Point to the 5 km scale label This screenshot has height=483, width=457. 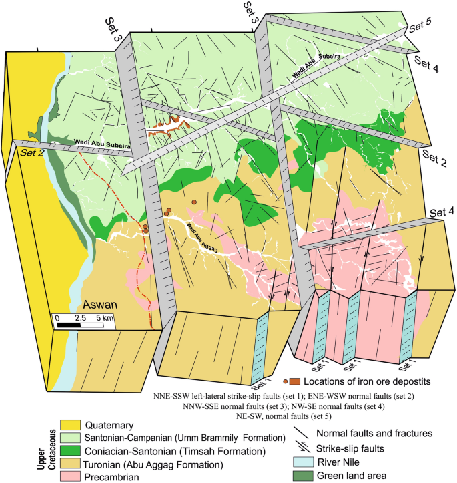pos(105,316)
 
